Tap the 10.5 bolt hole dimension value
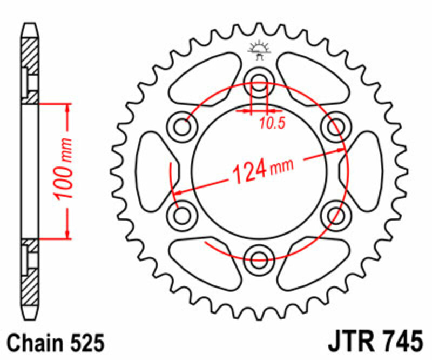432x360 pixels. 272,123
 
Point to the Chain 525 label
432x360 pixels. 56,343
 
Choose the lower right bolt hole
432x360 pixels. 334,214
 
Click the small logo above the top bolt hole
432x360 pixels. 259,50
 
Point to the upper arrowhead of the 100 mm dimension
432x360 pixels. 67,108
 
